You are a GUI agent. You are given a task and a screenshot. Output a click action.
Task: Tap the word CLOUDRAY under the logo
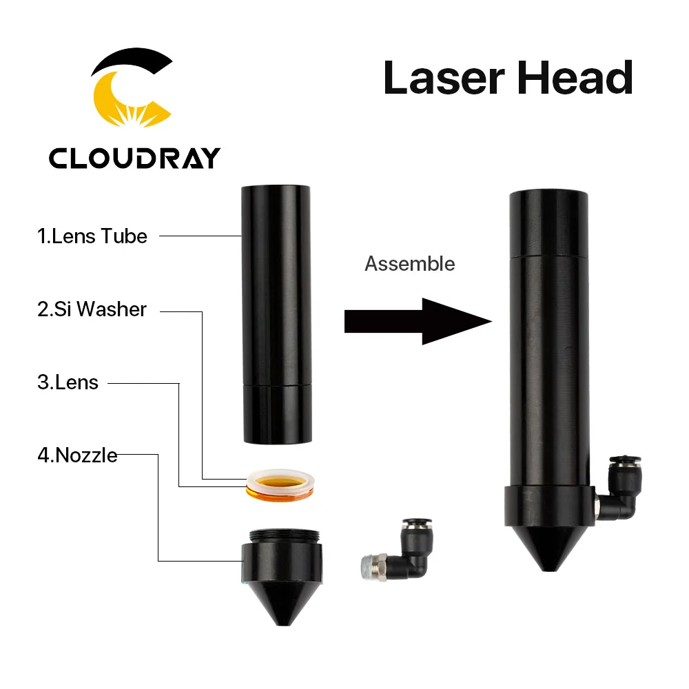coord(134,158)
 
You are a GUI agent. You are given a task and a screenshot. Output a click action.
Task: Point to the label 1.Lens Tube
coord(92,236)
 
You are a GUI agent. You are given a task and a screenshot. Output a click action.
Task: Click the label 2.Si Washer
coord(92,309)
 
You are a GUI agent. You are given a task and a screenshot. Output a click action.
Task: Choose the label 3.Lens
coord(68,382)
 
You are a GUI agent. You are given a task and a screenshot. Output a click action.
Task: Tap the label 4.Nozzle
coord(77,455)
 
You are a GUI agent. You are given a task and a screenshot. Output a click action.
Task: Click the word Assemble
coord(409,264)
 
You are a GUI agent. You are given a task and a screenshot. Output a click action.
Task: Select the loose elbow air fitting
coord(400,551)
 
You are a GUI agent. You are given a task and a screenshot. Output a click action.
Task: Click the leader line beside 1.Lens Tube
coord(200,236)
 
